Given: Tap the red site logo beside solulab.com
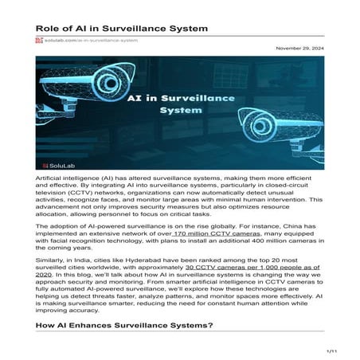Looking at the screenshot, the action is [38, 39].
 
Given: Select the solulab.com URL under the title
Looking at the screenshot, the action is [80, 39].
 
